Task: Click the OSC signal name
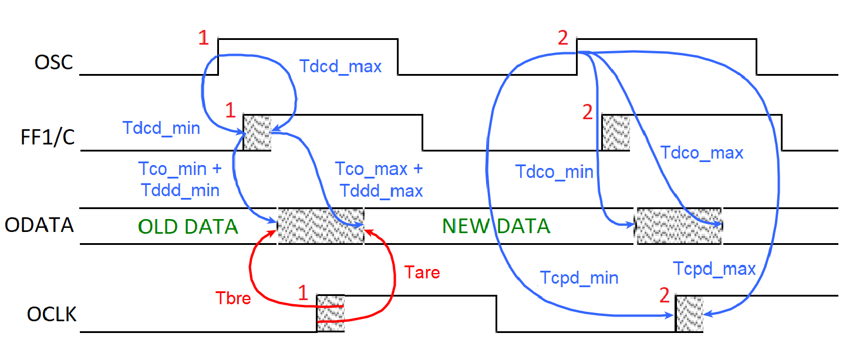click(55, 62)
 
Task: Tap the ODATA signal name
click(39, 226)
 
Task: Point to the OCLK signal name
click(51, 314)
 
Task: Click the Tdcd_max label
click(341, 66)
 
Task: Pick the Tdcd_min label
click(161, 127)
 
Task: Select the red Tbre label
click(234, 298)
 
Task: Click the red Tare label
click(422, 272)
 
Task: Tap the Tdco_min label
click(554, 172)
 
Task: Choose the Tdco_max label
click(702, 153)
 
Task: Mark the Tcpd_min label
click(579, 277)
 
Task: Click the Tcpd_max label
click(714, 269)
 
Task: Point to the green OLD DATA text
click(188, 227)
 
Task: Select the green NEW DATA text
click(496, 226)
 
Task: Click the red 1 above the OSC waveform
click(203, 38)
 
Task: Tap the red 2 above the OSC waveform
click(563, 38)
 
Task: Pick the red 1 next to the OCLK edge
click(302, 292)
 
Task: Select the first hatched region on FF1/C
click(257, 133)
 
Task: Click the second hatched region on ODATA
click(679, 226)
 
